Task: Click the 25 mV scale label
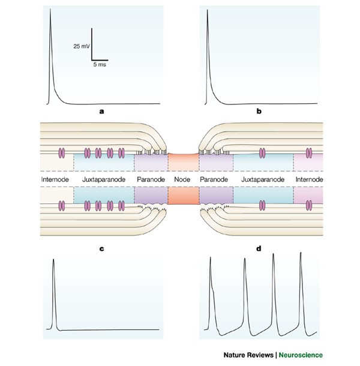(81, 46)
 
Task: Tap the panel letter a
(102, 111)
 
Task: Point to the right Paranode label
(215, 179)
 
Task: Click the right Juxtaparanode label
(264, 179)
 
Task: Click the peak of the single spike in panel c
(54, 259)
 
